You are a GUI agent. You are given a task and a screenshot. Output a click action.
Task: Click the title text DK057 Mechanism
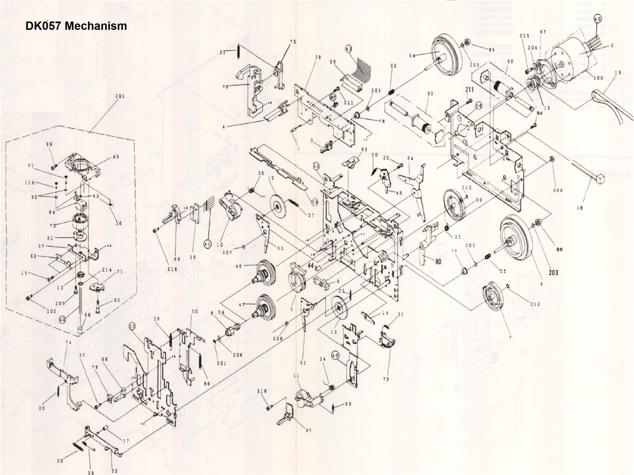tap(76, 26)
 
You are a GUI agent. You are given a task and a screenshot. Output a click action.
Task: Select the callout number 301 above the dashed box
tap(120, 96)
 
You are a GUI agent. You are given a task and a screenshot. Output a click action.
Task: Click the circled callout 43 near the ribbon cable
tap(349, 49)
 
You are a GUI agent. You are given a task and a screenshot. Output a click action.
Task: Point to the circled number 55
tap(132, 326)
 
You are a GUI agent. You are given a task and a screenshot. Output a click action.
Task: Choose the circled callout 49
tap(335, 356)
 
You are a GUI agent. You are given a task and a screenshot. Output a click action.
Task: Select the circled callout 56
tap(478, 106)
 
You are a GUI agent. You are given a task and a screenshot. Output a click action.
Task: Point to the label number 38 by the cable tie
tap(579, 208)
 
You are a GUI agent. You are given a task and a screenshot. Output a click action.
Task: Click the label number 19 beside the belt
tap(617, 73)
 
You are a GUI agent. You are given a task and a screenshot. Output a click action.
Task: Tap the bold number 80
tap(438, 261)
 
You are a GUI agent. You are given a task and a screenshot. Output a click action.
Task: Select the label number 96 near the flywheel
tap(559, 249)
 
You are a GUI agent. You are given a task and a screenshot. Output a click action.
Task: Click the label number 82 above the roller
tap(430, 94)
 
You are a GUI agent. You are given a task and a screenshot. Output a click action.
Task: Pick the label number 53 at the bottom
tap(114, 471)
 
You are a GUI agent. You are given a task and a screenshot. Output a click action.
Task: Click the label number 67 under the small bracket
tap(308, 431)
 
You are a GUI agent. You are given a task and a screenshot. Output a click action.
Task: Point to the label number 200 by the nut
tap(558, 190)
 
